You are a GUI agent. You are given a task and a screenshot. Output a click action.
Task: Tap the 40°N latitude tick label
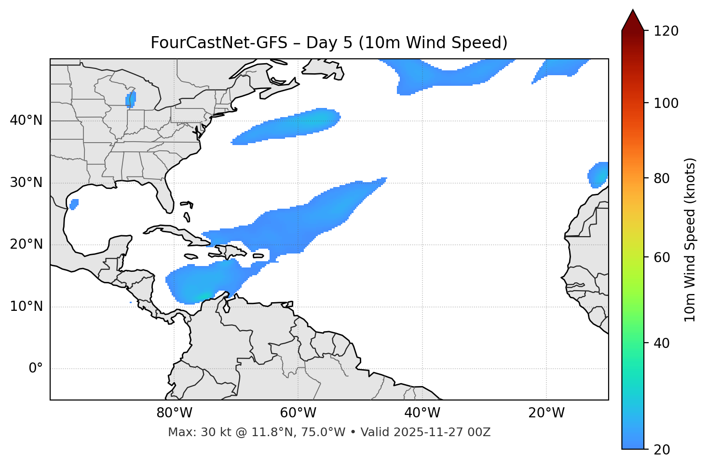(x=26, y=120)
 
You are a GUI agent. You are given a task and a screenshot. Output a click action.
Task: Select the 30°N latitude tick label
(x=26, y=183)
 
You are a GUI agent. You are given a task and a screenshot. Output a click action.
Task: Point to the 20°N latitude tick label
(x=26, y=244)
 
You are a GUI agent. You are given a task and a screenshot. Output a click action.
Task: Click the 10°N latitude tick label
(x=26, y=307)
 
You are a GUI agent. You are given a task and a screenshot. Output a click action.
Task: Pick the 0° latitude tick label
(x=36, y=369)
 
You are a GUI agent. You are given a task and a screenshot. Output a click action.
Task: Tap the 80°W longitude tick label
(x=174, y=413)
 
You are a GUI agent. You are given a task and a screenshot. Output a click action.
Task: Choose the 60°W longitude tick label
(x=298, y=413)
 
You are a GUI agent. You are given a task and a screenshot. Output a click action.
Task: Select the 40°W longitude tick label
(x=422, y=413)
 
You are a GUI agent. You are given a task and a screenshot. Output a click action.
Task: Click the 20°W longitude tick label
(x=546, y=413)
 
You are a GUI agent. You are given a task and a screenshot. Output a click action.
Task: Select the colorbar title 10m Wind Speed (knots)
(x=690, y=240)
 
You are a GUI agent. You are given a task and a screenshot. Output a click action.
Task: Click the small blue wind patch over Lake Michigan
(x=131, y=99)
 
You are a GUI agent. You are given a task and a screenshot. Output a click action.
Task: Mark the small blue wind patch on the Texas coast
(x=74, y=204)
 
